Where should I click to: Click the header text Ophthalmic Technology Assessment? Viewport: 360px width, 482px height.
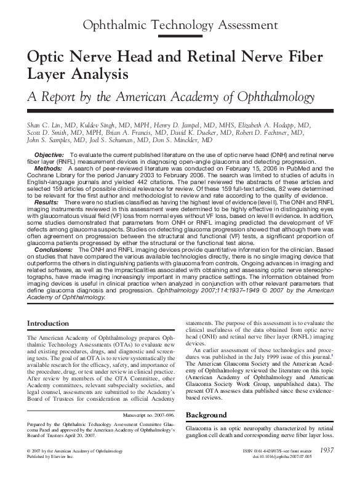click(179, 25)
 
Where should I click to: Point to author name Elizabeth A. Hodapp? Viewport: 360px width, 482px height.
click(278, 125)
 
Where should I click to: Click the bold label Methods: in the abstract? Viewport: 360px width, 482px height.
click(48, 168)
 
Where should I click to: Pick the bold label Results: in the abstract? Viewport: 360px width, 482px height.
click(47, 202)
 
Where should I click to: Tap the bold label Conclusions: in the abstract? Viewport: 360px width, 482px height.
click(54, 250)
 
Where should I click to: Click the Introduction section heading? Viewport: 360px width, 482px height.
click(49, 324)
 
